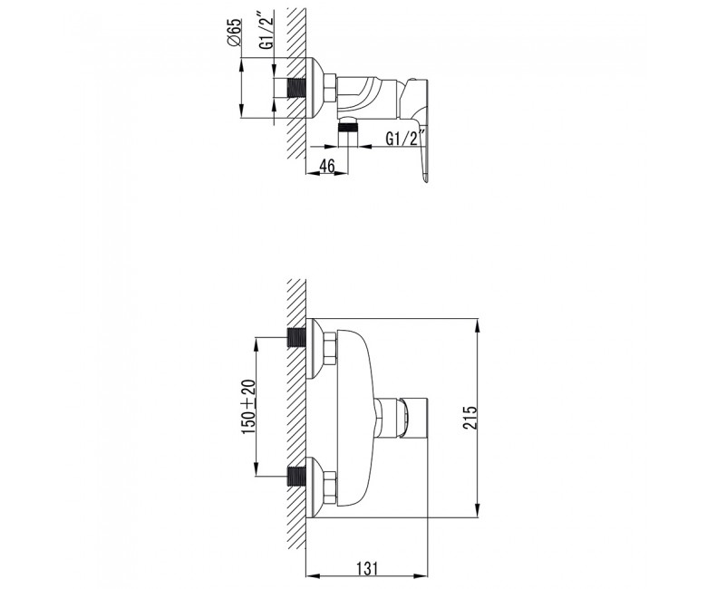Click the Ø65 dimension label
235,33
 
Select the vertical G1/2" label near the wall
266,34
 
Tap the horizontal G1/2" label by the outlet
406,139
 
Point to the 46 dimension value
327,166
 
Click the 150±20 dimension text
249,407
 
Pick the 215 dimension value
470,418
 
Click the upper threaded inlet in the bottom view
296,337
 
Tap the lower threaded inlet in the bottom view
296,477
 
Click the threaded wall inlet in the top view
295,88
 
